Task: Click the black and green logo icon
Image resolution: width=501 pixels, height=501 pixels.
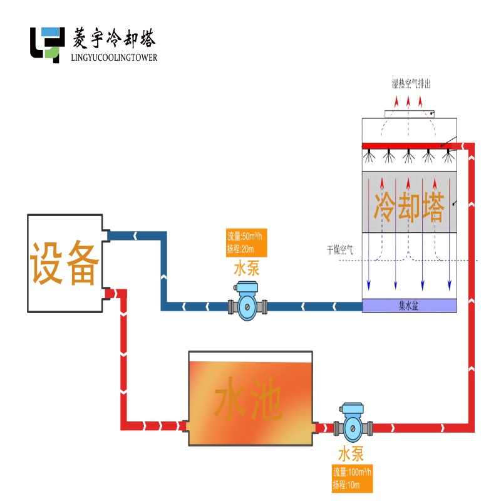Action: pos(48,44)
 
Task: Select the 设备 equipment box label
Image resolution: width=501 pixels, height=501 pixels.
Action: pos(64,263)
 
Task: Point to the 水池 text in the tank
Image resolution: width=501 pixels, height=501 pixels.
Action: pos(250,401)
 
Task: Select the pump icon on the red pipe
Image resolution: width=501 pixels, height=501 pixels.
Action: pos(353,427)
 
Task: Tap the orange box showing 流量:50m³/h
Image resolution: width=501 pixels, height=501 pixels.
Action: pos(247,243)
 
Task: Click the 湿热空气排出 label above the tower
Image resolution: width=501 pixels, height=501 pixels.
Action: pos(410,84)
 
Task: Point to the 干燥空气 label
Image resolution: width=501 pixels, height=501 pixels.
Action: pos(339,249)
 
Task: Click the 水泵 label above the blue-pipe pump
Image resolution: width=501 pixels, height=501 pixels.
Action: pos(247,270)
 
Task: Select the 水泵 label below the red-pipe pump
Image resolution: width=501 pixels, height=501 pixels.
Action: pos(352,454)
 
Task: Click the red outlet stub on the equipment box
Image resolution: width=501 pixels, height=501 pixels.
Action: pos(108,293)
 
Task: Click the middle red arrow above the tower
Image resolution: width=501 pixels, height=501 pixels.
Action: pos(408,101)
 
